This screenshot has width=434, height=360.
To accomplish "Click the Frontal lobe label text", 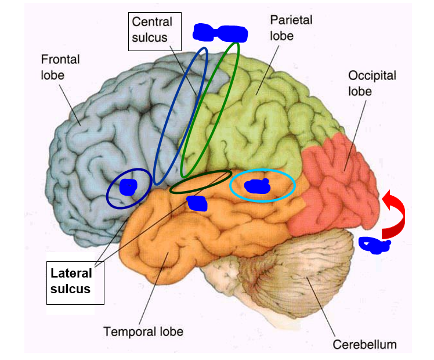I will tap(60, 67).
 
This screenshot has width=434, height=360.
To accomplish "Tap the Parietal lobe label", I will tap(291, 27).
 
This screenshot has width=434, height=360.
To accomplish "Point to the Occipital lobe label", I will tap(371, 84).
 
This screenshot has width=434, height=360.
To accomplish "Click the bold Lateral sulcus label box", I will tap(74, 280).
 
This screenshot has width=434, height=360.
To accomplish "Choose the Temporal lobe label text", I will tap(143, 332).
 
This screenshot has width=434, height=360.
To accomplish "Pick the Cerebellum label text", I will tap(364, 344).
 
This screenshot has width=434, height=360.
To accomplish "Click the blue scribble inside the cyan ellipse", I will tap(257, 186).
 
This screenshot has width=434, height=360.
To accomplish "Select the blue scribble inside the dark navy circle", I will tap(128, 187).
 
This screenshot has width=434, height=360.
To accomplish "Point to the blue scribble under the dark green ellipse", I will tap(197, 203).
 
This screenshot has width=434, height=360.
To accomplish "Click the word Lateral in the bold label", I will tap(71, 273).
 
